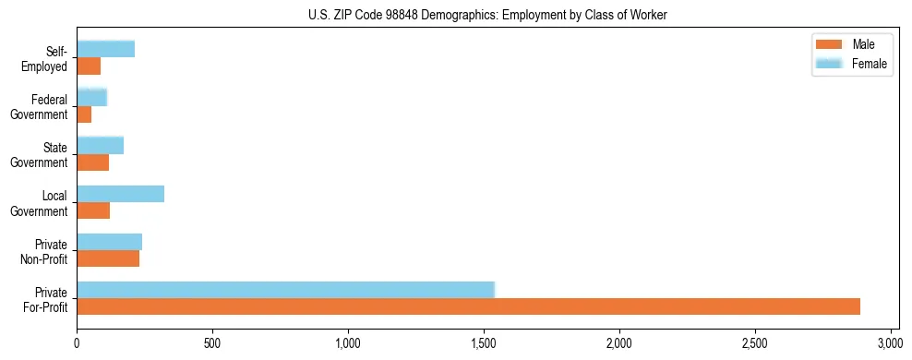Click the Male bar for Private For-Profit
click(x=468, y=306)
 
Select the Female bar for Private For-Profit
click(x=285, y=289)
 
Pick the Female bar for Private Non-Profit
click(x=109, y=242)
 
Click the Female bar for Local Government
click(x=120, y=194)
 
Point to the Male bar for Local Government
click(x=93, y=210)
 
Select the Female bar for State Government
click(x=100, y=145)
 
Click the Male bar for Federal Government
click(x=84, y=114)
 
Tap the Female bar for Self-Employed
click(x=105, y=49)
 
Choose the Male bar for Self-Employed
click(x=89, y=66)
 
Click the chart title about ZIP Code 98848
click(x=487, y=16)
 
